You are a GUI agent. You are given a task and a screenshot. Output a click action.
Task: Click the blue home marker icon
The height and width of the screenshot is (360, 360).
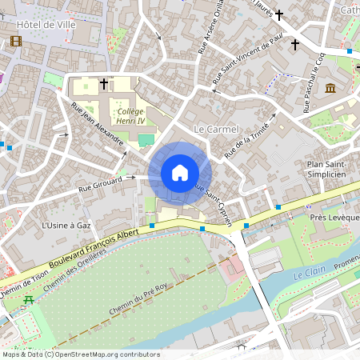tap(180, 172)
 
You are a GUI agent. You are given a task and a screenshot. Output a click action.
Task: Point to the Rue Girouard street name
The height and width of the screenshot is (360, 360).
tap(99, 186)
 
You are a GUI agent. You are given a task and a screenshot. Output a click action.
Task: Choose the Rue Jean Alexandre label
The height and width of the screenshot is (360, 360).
tap(98, 124)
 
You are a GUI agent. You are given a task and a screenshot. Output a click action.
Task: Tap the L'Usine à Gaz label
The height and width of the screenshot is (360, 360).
tap(66, 226)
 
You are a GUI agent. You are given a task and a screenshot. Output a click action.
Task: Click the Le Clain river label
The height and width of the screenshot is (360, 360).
tap(307, 274)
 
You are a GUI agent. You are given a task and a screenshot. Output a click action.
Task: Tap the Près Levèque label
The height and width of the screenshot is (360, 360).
tap(330, 218)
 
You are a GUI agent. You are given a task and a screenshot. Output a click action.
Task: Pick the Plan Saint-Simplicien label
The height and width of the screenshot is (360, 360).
tap(326, 169)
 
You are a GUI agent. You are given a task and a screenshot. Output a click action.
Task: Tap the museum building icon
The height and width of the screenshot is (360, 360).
tap(330, 87)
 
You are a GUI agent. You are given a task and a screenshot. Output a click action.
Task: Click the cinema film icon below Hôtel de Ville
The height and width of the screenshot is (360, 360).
tap(17, 42)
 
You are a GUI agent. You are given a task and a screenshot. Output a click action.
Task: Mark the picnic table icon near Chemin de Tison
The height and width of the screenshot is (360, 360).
tap(30, 299)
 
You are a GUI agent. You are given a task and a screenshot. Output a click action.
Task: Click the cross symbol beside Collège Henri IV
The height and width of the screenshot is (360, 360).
tap(104, 83)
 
